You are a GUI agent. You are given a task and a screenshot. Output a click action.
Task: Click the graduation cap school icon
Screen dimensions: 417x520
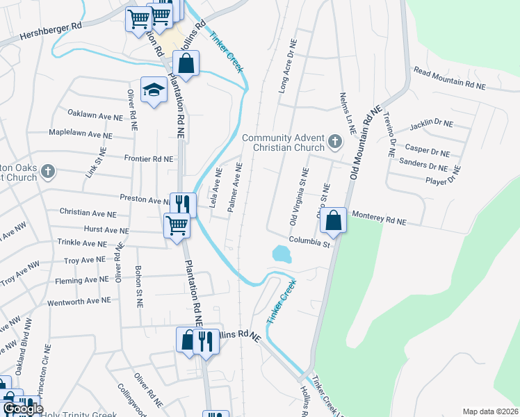click(154, 90)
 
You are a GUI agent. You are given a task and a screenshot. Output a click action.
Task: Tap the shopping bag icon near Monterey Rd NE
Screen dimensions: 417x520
click(334, 220)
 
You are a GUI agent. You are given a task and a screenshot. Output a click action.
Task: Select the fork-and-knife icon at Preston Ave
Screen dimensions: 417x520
click(182, 204)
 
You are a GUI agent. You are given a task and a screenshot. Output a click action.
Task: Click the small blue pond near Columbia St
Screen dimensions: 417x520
click(281, 254)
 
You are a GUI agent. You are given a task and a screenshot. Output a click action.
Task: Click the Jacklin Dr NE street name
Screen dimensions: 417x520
click(431, 124)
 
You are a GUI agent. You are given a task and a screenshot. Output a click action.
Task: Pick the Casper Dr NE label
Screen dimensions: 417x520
click(427, 152)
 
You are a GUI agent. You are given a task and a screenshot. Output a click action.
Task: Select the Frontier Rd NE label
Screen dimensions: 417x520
click(148, 159)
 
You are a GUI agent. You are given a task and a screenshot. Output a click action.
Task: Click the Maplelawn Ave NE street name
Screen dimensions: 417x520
click(80, 133)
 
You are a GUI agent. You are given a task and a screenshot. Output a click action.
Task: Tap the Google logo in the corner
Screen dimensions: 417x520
click(23, 409)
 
